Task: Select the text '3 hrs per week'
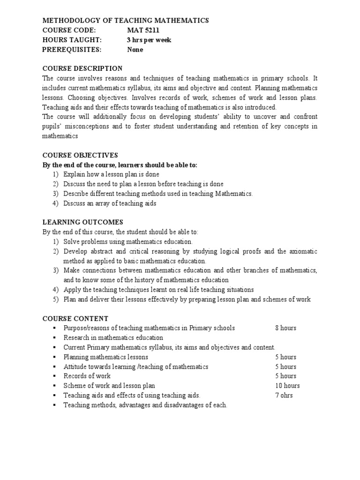[x=149, y=40]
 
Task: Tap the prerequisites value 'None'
[x=135, y=50]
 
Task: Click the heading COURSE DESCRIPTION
[x=82, y=68]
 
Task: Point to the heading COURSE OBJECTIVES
[x=80, y=155]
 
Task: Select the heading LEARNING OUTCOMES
[x=83, y=222]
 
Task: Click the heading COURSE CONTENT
[x=75, y=318]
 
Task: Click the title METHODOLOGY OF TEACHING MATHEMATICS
[x=126, y=21]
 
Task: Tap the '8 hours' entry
[x=285, y=328]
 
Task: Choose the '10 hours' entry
[x=287, y=386]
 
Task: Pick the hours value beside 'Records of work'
[x=285, y=376]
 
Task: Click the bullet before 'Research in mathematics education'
[x=55, y=337]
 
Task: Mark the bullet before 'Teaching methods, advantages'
[x=55, y=405]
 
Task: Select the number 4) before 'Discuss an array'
[x=56, y=203]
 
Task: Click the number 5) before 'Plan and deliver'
[x=56, y=299]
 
